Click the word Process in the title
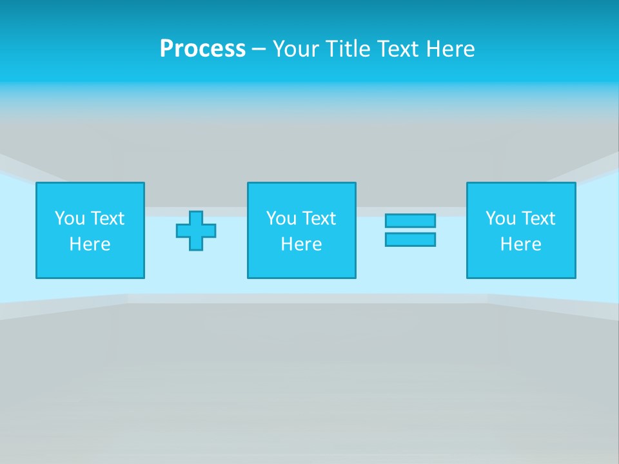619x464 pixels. (202, 49)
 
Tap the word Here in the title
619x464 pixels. (451, 49)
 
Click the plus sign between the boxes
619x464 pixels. (196, 231)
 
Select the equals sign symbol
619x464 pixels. (410, 230)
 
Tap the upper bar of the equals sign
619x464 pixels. (410, 221)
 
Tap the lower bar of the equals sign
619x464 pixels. (410, 240)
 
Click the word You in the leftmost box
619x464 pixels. (70, 218)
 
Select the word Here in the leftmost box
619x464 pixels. (90, 244)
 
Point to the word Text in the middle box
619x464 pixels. (319, 218)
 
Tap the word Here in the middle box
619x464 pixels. (301, 244)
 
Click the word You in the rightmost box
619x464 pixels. (500, 218)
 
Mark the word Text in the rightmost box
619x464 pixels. (538, 218)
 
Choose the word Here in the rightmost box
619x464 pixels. (520, 244)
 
